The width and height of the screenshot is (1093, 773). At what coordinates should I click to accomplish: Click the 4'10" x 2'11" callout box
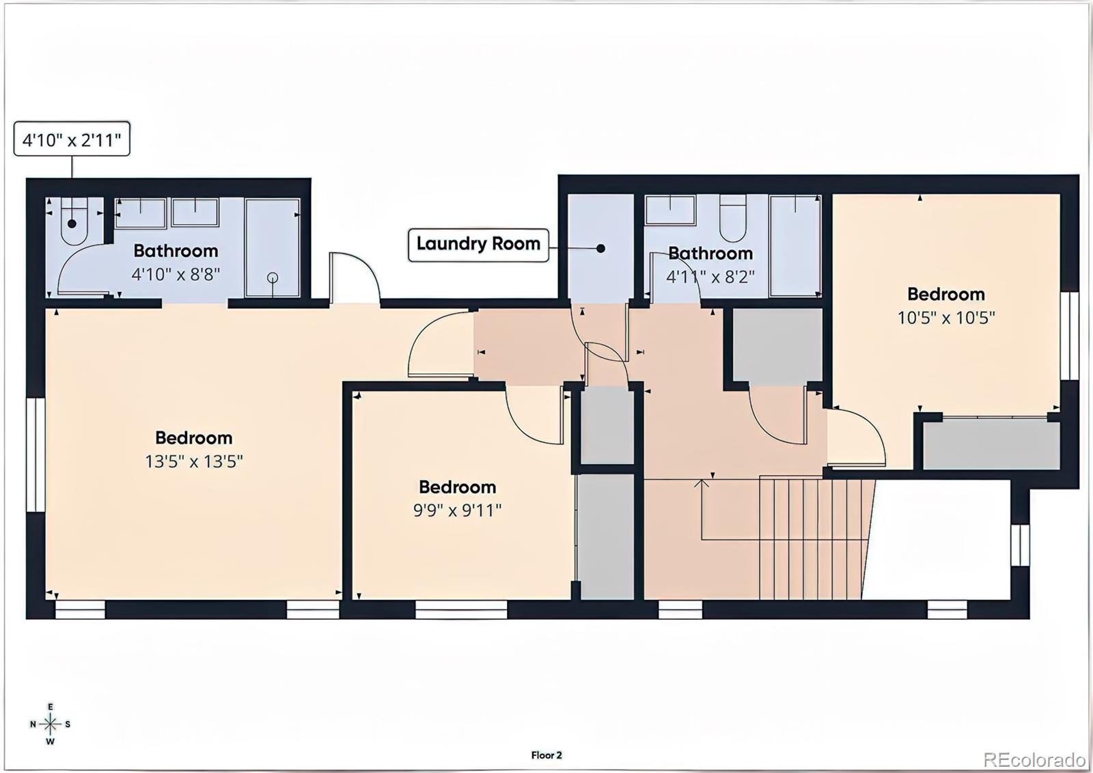(72, 140)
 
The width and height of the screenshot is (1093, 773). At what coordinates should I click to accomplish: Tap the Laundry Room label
(478, 244)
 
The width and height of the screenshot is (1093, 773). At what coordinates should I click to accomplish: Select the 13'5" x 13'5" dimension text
(193, 461)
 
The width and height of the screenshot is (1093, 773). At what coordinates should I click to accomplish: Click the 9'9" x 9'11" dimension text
(457, 511)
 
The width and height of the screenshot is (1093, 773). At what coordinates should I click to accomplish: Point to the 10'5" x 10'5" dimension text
(945, 318)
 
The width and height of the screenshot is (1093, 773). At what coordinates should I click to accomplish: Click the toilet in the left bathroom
(72, 222)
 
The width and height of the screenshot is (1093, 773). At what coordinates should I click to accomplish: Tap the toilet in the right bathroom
(733, 219)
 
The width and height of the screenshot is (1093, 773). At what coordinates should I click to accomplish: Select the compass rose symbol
(50, 724)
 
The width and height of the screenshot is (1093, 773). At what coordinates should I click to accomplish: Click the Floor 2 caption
(546, 755)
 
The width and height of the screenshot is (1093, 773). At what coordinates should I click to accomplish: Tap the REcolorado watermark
(1034, 759)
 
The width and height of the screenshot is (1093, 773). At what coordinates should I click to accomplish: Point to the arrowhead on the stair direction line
(702, 483)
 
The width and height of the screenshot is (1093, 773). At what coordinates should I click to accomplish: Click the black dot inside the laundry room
(600, 248)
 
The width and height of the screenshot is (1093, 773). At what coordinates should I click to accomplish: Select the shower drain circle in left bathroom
(273, 277)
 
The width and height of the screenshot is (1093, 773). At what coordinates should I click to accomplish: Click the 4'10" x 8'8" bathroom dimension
(176, 275)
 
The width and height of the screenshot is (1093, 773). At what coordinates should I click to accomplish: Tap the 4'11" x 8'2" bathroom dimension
(710, 277)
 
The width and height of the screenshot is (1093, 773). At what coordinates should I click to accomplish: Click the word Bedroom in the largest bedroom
(193, 437)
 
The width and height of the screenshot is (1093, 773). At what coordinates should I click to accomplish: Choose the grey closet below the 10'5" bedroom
(991, 444)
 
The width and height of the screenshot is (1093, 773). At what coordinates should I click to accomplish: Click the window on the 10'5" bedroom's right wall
(1069, 335)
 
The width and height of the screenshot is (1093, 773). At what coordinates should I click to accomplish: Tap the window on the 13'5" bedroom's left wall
(35, 455)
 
